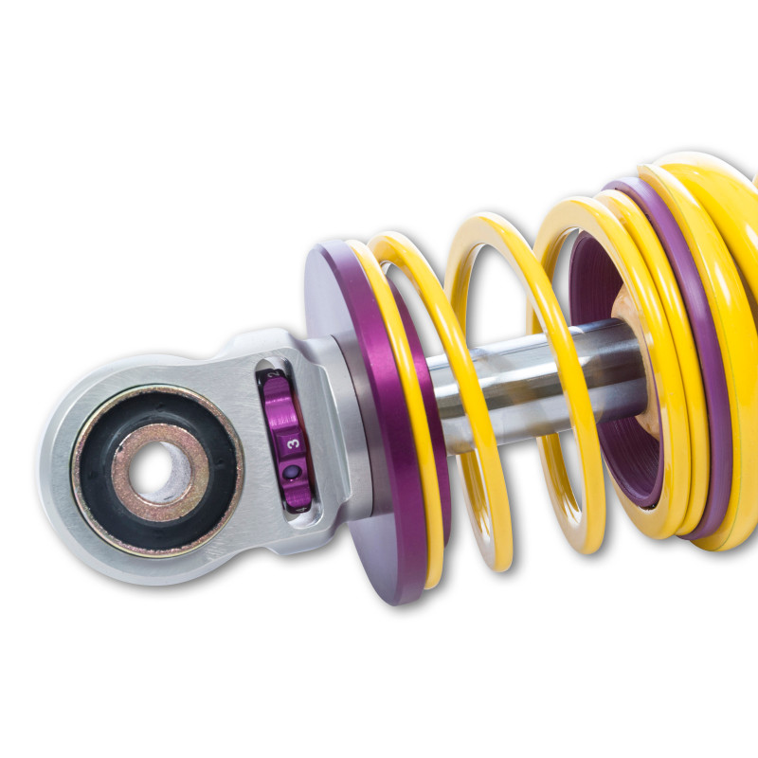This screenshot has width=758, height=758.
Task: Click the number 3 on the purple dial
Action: (x=294, y=442)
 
